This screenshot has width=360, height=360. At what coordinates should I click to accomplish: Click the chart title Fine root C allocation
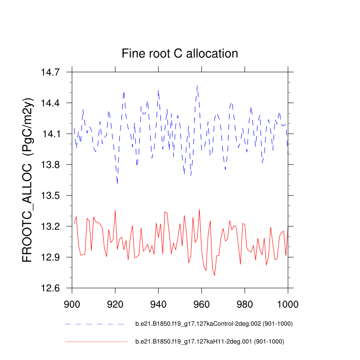tap(180, 54)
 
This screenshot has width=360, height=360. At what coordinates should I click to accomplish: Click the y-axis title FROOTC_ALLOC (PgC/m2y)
tap(28, 180)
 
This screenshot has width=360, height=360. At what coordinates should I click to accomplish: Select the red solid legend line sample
tap(96, 342)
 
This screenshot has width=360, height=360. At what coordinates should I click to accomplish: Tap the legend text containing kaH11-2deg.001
tap(210, 342)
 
